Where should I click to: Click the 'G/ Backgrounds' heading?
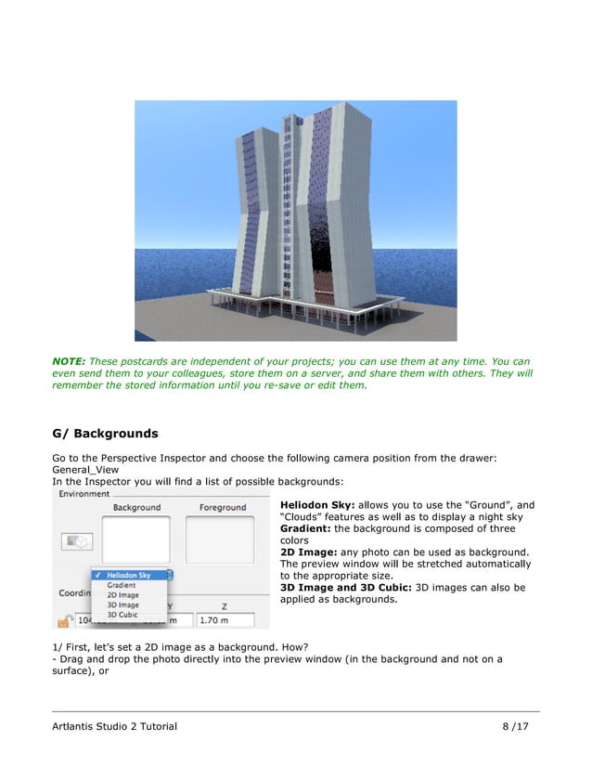pyautogui.click(x=105, y=434)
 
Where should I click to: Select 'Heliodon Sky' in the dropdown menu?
pyautogui.click(x=129, y=576)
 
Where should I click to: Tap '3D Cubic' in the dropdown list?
pyautogui.click(x=122, y=615)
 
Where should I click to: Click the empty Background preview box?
pyautogui.click(x=136, y=539)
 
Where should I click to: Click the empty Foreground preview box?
pyautogui.click(x=222, y=539)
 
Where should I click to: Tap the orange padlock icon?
pyautogui.click(x=65, y=619)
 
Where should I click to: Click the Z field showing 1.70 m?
pyautogui.click(x=224, y=619)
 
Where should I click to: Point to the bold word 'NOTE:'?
pyautogui.click(x=70, y=360)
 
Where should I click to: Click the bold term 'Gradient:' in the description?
pyautogui.click(x=306, y=527)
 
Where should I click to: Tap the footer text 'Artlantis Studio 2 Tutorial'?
pyautogui.click(x=114, y=725)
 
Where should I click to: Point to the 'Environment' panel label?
pyautogui.click(x=84, y=494)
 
